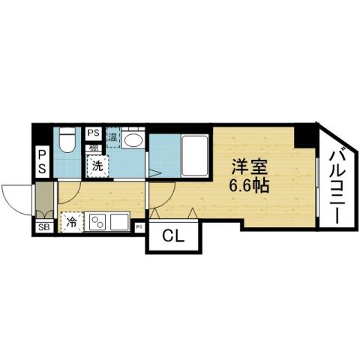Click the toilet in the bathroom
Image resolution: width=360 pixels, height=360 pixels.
click(67, 140)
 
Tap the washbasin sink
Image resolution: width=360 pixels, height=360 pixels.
click(135, 142)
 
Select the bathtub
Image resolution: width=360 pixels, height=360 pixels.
click(193, 154)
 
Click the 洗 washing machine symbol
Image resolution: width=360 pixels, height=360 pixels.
click(97, 167)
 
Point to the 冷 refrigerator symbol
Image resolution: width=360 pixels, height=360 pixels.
click(71, 222)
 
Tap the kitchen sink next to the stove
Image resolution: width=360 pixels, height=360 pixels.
click(118, 223)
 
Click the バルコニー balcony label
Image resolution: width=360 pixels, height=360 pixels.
click(336, 182)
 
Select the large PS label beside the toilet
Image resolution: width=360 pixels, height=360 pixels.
click(43, 162)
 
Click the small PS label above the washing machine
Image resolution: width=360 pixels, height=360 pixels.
click(93, 133)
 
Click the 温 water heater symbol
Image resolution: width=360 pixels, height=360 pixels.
click(113, 136)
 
